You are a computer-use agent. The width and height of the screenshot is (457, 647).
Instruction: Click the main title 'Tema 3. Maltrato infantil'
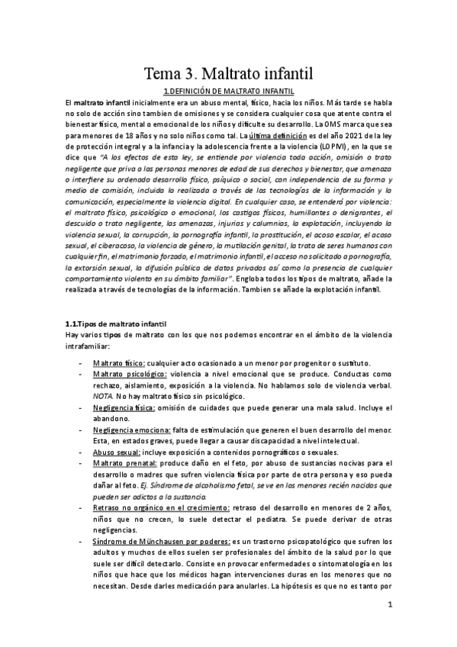[x=228, y=74]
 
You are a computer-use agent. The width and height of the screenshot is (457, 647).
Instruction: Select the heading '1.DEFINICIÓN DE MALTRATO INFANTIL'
[x=228, y=91]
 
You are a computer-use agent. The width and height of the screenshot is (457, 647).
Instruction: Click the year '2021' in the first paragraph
[x=340, y=135]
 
